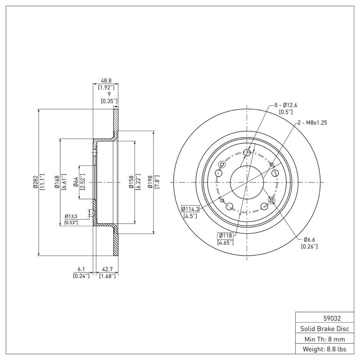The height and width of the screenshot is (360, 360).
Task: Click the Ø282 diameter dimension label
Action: point(35,182)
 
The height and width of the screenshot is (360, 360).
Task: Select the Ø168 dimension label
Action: point(57,182)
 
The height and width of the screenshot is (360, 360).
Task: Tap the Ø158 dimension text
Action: point(130,182)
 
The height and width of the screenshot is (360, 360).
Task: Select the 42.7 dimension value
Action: point(108,270)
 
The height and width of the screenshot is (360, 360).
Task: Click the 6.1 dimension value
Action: point(81,270)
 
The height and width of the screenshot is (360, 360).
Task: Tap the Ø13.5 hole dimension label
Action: point(71,216)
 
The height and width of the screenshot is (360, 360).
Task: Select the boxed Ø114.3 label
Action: point(191,209)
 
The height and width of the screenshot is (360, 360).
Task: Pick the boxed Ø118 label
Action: point(225,235)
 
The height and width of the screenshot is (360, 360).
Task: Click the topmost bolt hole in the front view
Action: point(247,153)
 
